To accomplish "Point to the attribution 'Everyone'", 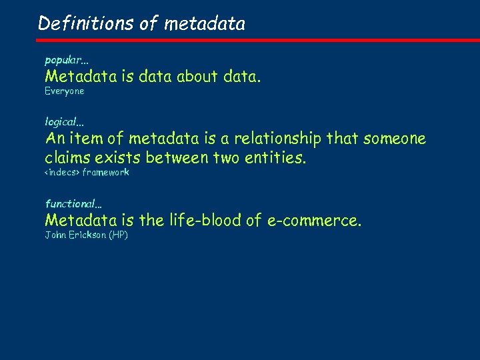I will tap(65, 91).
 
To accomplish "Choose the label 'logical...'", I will tap(65, 123).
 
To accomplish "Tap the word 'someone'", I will tap(394, 139).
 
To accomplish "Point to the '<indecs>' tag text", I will tap(62, 173).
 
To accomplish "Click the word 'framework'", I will tap(105, 173).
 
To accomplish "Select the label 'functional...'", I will tap(73, 203).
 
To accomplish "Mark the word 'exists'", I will tap(120, 158).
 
